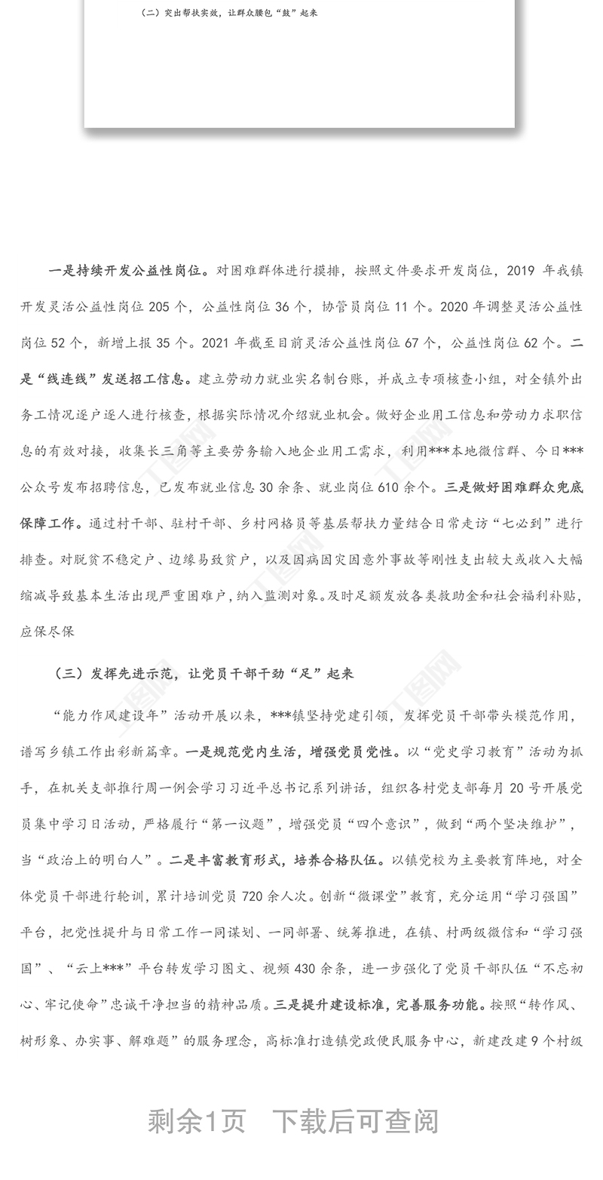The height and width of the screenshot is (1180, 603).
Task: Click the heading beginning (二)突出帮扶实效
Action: click(229, 13)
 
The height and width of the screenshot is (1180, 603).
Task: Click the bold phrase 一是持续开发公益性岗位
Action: click(130, 271)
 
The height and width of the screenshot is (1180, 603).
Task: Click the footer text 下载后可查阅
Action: click(355, 1122)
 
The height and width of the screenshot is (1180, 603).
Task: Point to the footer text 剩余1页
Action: click(197, 1122)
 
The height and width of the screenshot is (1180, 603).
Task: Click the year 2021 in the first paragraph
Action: click(216, 343)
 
